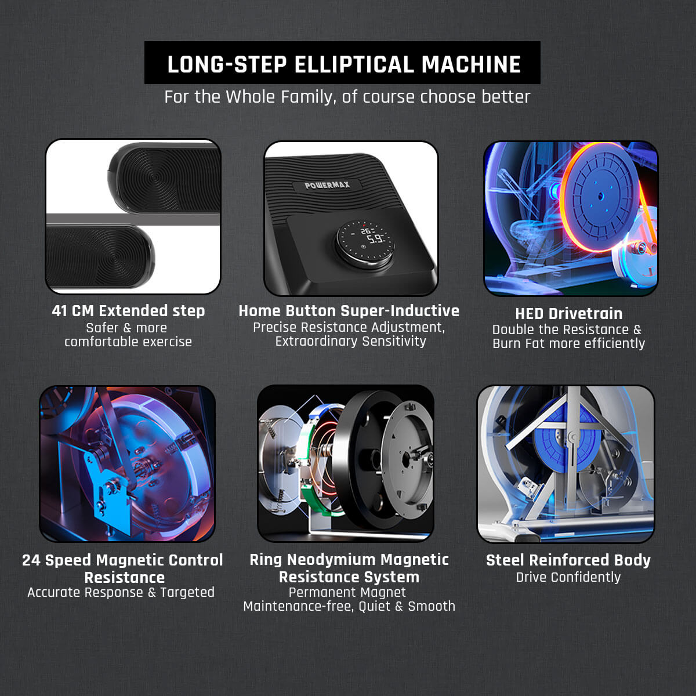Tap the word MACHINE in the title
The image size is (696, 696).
[x=471, y=64]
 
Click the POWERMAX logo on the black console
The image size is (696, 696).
[x=327, y=185]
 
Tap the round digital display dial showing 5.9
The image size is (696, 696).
[x=365, y=240]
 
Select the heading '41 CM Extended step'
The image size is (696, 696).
[x=128, y=311]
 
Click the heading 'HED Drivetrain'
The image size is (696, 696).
[x=569, y=314]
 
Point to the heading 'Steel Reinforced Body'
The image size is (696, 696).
[x=568, y=560]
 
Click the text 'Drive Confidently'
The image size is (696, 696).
[x=568, y=577]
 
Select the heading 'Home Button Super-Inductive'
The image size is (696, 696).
[x=349, y=311]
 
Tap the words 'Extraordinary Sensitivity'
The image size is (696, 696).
[x=351, y=341]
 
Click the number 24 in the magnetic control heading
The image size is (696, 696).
[x=31, y=560]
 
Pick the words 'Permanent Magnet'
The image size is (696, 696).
[x=347, y=592]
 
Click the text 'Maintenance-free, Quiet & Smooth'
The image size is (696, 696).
[x=349, y=607]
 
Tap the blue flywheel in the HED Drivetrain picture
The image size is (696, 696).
[x=600, y=197]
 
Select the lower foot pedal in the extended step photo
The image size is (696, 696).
[x=100, y=256]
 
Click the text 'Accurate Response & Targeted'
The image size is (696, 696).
[x=121, y=592]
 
